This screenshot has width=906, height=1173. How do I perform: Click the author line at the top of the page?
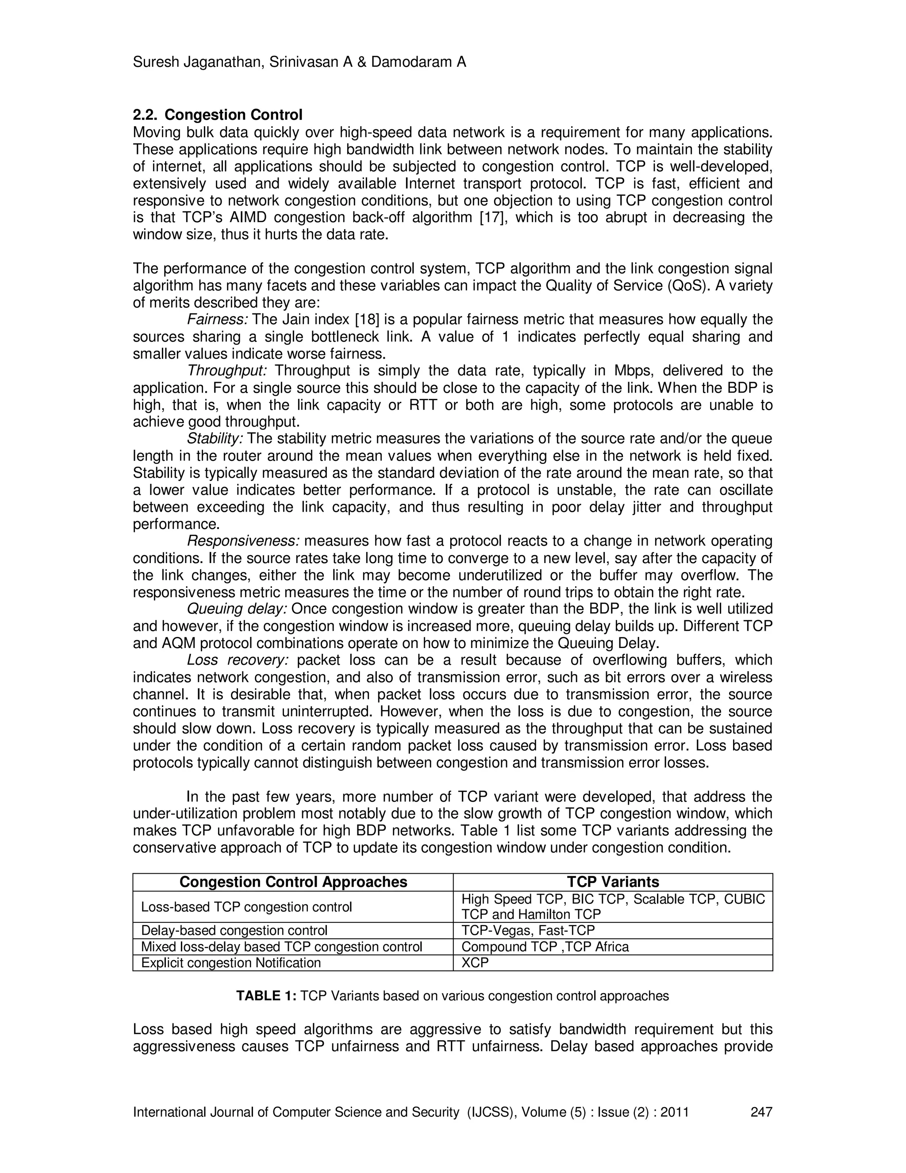tap(299, 62)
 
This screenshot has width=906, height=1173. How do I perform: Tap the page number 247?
tap(761, 1112)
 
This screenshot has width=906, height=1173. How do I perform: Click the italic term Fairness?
tap(217, 320)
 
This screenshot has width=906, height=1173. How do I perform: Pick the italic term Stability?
tap(215, 439)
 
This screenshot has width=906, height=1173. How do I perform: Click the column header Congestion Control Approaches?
tap(293, 882)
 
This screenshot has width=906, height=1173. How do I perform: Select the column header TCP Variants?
tap(613, 882)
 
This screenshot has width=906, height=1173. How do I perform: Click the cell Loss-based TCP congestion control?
tap(246, 907)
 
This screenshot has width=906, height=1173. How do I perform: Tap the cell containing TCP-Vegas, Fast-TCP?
tap(528, 930)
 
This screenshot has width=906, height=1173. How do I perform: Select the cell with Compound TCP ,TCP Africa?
tap(545, 946)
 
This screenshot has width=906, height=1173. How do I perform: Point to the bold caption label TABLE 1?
tap(266, 996)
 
